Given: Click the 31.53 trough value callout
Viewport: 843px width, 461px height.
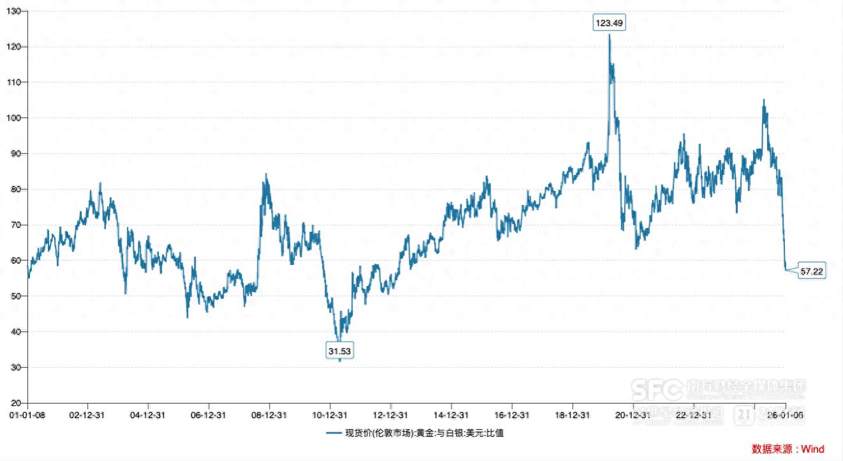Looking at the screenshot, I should coord(339,351).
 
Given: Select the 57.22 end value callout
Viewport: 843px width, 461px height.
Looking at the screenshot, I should coord(812,271).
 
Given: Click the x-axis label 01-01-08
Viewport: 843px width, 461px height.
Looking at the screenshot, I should coord(27,414).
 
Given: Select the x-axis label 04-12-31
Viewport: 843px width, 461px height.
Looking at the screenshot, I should coord(148,414).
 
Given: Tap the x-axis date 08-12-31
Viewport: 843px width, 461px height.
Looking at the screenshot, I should coord(269,414).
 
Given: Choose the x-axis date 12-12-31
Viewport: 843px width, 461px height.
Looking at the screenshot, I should coord(390,414).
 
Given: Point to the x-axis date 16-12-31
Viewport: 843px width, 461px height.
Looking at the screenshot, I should coord(511,414).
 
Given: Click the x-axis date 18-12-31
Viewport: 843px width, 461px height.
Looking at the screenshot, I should coord(572,414).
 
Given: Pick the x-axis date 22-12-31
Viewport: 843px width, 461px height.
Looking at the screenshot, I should coord(693,414).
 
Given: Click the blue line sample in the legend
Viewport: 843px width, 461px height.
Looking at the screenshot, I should coord(334,433).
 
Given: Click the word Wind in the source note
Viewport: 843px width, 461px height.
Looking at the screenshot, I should coord(812,449).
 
